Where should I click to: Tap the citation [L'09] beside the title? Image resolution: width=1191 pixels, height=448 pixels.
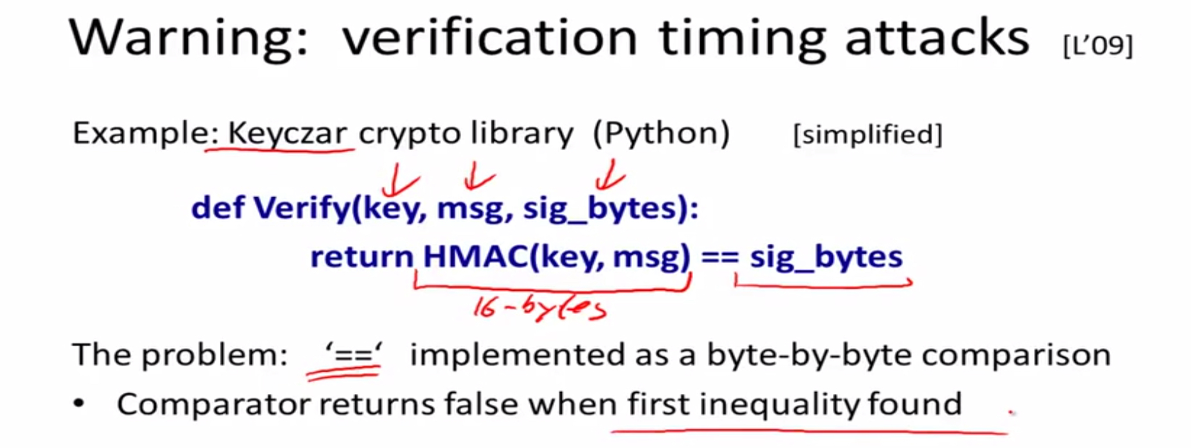click(1098, 45)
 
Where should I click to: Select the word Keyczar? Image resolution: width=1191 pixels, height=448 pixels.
click(287, 133)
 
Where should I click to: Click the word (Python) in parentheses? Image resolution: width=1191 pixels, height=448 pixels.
click(661, 134)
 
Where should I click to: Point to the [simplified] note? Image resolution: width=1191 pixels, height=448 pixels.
click(868, 135)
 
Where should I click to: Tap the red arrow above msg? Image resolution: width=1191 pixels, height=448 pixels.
click(478, 176)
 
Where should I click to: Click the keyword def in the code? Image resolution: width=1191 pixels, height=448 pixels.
click(217, 207)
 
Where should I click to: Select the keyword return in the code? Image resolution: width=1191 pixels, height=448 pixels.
click(362, 257)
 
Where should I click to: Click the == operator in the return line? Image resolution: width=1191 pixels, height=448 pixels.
click(720, 257)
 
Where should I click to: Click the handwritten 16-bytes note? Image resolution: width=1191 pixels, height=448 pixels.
click(540, 308)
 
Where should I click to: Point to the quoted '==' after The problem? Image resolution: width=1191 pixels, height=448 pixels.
click(354, 354)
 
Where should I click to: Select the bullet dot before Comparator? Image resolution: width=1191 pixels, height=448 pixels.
click(79, 403)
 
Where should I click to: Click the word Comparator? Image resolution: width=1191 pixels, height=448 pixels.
click(214, 404)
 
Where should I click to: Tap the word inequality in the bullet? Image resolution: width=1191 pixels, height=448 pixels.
click(779, 404)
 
